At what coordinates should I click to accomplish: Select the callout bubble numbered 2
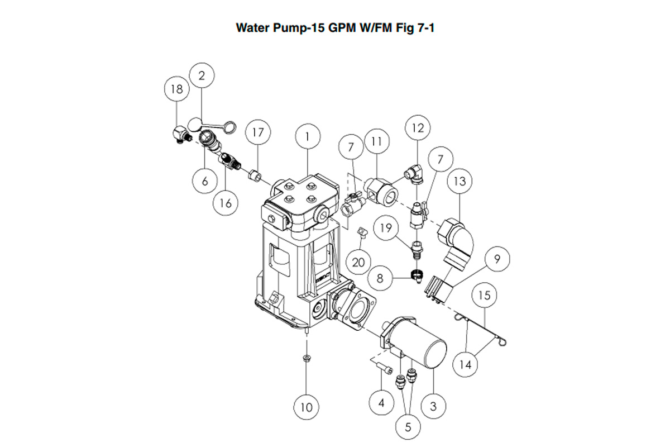[x=202, y=77]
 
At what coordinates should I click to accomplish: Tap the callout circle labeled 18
[x=177, y=89]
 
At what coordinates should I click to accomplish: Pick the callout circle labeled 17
[x=257, y=133]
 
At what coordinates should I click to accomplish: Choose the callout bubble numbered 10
[x=307, y=407]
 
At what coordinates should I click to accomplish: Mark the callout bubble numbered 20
[x=359, y=263]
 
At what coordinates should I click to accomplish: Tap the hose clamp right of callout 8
[x=415, y=274]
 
